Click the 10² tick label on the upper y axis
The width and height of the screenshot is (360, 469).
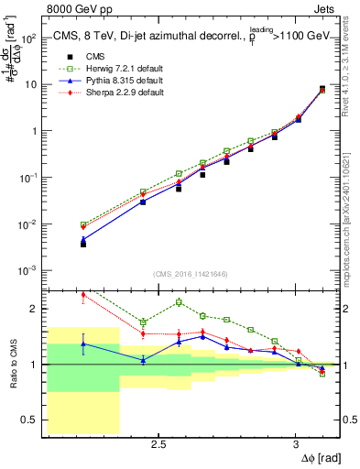pos(28,38)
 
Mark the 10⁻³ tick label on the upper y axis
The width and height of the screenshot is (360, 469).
pos(28,270)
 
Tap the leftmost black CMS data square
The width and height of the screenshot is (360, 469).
pos(83,244)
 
